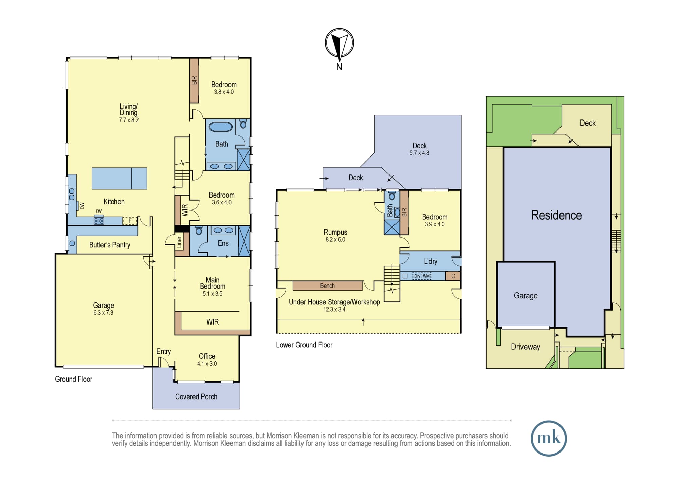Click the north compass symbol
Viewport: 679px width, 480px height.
click(x=339, y=43)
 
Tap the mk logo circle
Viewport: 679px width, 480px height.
click(x=549, y=438)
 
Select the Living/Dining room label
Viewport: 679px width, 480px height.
click(x=129, y=109)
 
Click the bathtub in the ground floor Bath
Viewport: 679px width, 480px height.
click(x=221, y=127)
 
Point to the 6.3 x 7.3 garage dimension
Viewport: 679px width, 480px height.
click(x=104, y=313)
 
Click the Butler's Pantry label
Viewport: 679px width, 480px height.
click(x=110, y=245)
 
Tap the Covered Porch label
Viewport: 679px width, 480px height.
click(x=196, y=396)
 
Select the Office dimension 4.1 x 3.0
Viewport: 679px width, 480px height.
click(x=207, y=364)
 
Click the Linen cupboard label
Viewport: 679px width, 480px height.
click(x=179, y=242)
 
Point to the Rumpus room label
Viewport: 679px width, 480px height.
click(x=335, y=232)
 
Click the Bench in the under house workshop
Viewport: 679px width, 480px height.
click(x=328, y=286)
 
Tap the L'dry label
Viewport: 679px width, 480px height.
click(x=430, y=261)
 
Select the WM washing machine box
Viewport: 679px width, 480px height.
click(x=426, y=276)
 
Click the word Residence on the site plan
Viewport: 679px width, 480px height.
click(x=556, y=215)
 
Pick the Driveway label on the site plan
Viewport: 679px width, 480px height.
click(x=526, y=347)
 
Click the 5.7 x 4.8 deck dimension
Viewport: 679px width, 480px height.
click(x=419, y=153)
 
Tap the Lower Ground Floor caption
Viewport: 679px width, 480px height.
click(x=304, y=345)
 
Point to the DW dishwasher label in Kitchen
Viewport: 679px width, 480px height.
click(x=82, y=206)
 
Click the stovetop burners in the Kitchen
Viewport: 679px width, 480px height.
click(x=99, y=221)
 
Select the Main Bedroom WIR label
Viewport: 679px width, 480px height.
click(x=213, y=322)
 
